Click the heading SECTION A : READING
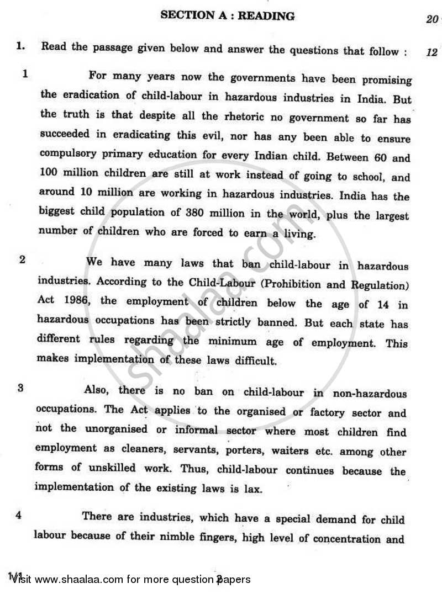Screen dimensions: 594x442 coord(227,16)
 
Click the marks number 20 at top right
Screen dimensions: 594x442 coord(432,20)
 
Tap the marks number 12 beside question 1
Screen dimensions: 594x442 coord(432,52)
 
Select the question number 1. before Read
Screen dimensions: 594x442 coord(21,47)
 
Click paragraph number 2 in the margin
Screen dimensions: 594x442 coord(22,259)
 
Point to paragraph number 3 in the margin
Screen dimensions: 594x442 coord(20,388)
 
